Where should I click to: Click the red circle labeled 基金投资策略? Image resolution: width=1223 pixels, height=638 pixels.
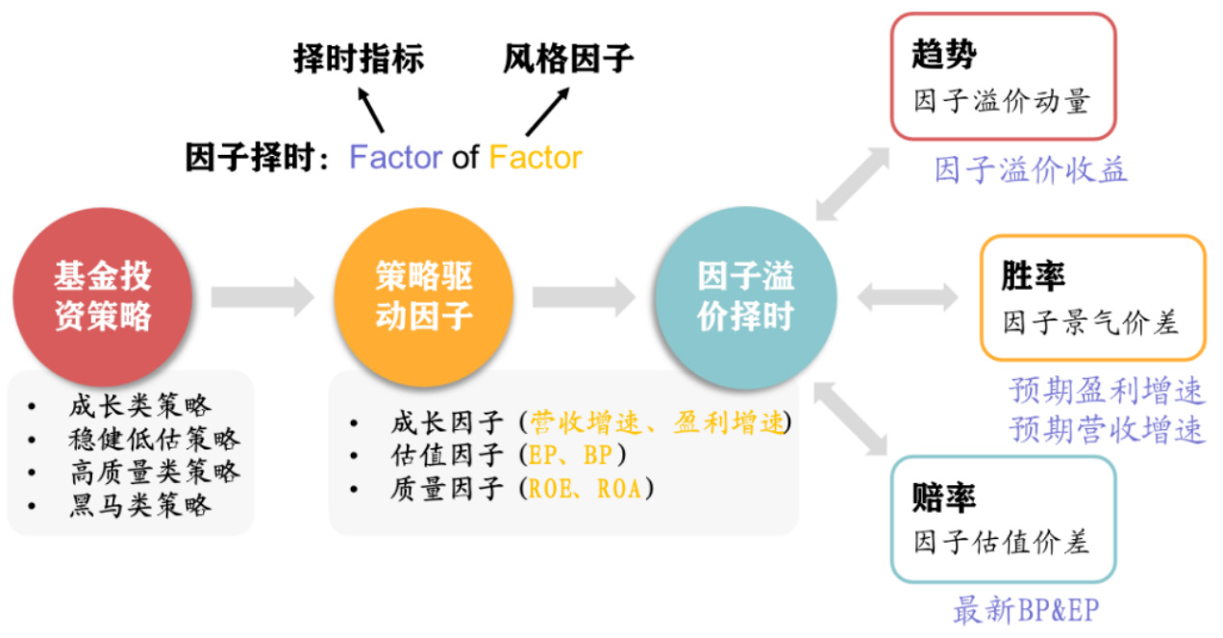click(103, 297)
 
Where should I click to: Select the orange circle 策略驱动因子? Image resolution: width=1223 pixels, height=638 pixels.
click(423, 297)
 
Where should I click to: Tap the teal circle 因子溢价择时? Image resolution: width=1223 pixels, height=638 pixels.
click(744, 297)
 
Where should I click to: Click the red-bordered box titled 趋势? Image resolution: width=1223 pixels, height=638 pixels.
click(1003, 76)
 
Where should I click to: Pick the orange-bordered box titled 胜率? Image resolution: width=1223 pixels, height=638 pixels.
click(1092, 297)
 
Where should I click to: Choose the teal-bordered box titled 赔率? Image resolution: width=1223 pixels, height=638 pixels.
click(1003, 520)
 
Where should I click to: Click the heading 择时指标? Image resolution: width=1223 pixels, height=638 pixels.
click(359, 59)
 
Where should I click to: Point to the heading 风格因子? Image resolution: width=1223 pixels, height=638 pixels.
click(568, 59)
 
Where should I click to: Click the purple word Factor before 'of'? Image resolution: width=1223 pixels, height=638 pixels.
click(395, 158)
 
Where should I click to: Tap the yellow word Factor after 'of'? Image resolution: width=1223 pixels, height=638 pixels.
click(536, 158)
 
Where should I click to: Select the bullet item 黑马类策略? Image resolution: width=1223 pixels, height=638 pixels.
click(140, 504)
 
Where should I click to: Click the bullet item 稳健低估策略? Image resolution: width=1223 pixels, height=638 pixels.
click(154, 439)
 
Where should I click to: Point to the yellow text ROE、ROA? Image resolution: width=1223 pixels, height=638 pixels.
click(587, 489)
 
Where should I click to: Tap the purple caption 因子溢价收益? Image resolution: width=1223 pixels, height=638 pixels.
click(1031, 171)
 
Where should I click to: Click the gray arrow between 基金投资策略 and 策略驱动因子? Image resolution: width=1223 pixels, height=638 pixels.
click(262, 297)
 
